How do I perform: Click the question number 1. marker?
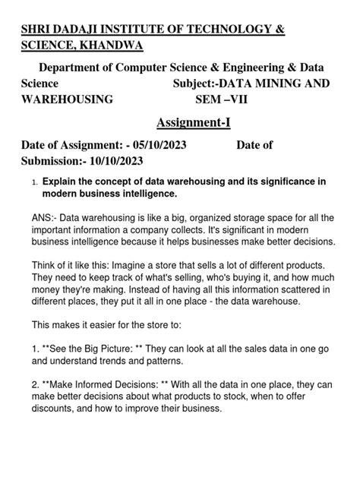point(34,183)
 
